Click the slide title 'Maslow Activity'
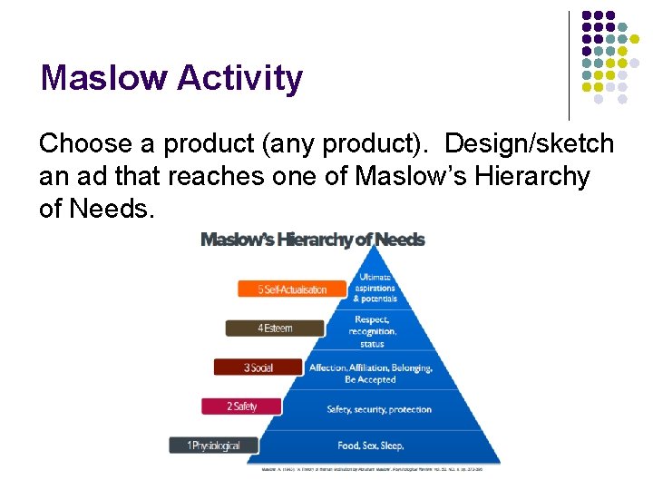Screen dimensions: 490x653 (x=171, y=79)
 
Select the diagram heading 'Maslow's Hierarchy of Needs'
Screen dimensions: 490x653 (x=312, y=240)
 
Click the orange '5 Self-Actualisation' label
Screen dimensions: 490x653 (x=293, y=289)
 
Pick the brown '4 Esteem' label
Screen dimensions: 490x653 (x=274, y=328)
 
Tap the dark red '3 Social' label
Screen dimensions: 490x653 (x=258, y=367)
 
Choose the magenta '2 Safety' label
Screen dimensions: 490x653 (x=243, y=407)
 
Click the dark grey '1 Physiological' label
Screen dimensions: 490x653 (x=214, y=446)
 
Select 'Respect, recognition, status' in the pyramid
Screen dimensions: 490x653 (x=372, y=331)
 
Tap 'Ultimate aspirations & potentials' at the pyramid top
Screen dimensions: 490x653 (x=375, y=288)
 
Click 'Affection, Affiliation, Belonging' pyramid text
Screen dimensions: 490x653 (x=370, y=368)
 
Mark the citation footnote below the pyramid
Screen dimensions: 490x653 (x=373, y=469)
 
